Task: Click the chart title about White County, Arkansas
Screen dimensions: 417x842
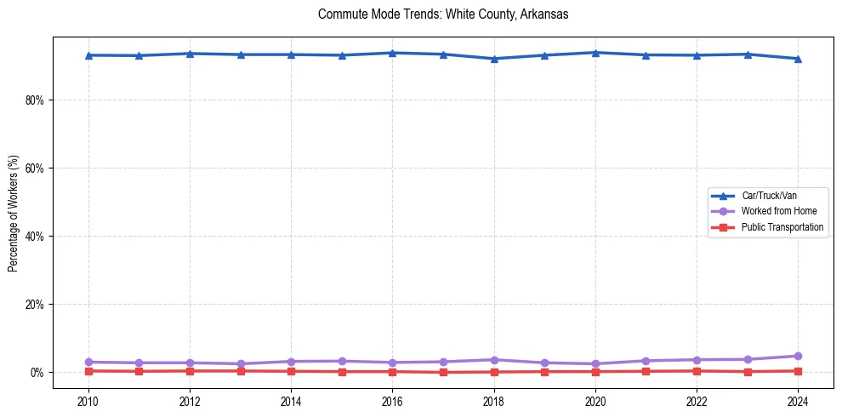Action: pos(442,14)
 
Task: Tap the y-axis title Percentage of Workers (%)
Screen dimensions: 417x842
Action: pos(14,213)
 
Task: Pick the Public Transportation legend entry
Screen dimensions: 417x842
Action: pos(782,227)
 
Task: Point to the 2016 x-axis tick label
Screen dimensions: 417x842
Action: pos(392,401)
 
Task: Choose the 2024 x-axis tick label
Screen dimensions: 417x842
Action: pos(798,401)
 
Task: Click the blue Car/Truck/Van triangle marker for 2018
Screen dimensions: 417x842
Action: pos(494,59)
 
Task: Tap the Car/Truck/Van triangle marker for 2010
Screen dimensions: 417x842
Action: pos(88,55)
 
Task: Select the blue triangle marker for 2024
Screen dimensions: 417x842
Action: pos(798,59)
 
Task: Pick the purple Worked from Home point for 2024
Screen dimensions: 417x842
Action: pos(798,356)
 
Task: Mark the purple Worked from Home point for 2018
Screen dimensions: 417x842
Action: pos(494,360)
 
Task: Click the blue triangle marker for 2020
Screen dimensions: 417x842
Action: pos(595,53)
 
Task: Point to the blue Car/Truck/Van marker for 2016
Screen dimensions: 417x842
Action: pos(392,53)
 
